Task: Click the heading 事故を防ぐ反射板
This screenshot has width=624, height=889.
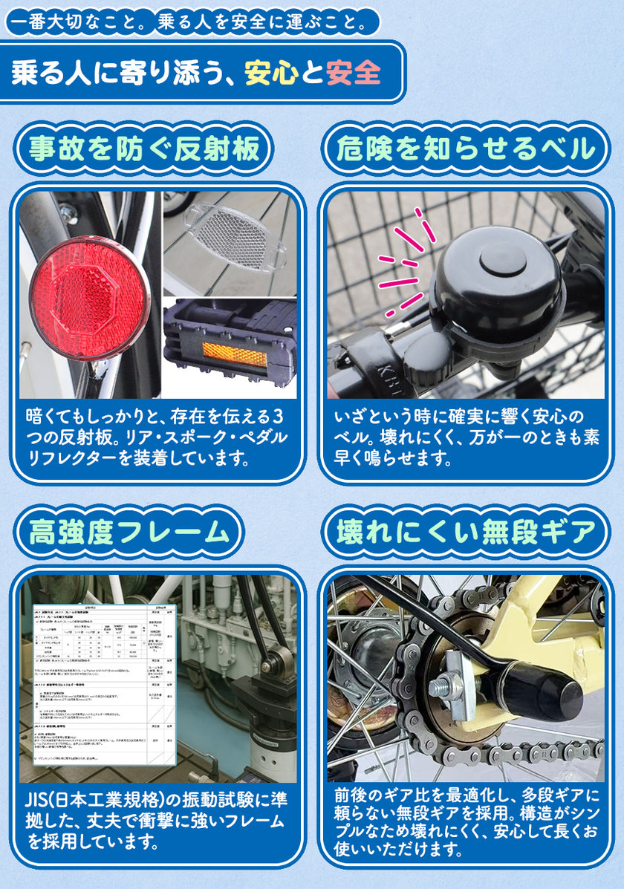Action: [x=145, y=149]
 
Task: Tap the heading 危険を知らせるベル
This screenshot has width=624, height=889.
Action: [x=466, y=149]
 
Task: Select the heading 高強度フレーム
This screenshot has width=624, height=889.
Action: [x=129, y=532]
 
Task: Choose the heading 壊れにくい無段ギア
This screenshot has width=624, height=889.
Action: [x=466, y=532]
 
